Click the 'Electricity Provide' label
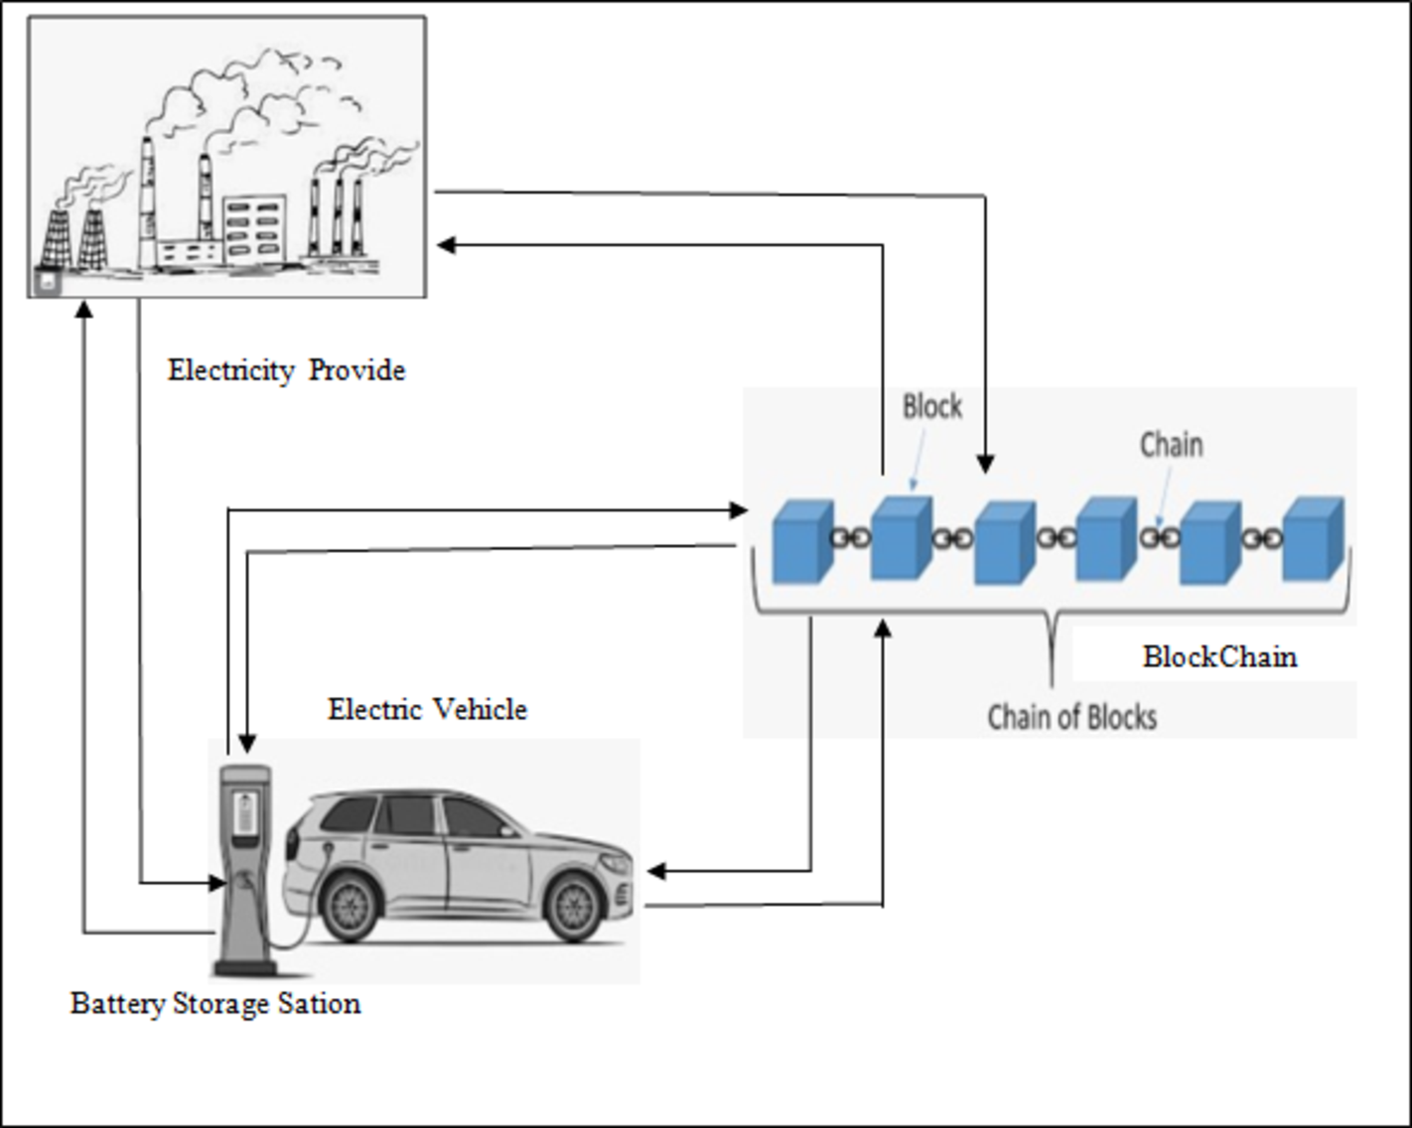click(x=286, y=370)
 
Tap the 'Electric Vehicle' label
click(x=427, y=709)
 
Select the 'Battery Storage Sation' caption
click(x=215, y=1003)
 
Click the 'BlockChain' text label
click(x=1219, y=656)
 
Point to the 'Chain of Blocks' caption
click(x=1071, y=717)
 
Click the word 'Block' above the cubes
click(x=931, y=406)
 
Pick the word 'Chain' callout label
click(x=1171, y=444)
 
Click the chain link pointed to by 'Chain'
click(x=1159, y=538)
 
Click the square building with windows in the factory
click(x=254, y=228)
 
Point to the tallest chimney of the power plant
click(x=148, y=199)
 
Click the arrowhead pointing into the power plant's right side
click(x=446, y=244)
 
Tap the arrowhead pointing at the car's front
click(x=655, y=872)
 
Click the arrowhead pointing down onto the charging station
click(x=247, y=743)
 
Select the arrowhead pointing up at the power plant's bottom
click(x=84, y=310)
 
